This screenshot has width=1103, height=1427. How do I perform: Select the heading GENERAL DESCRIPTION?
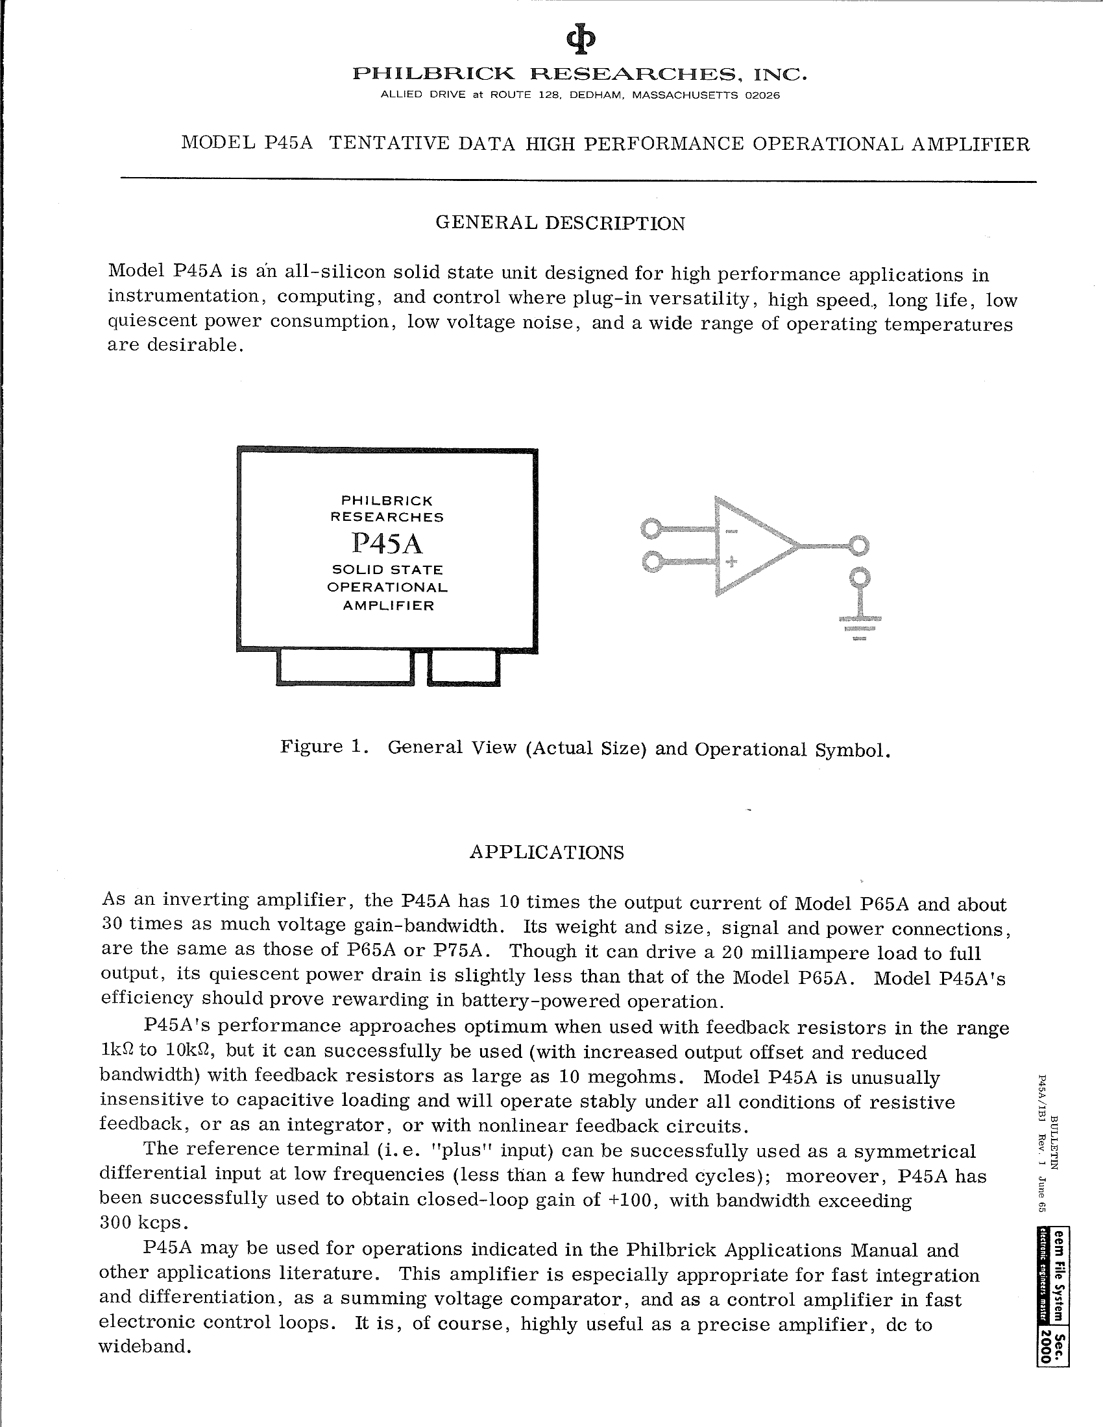click(x=560, y=224)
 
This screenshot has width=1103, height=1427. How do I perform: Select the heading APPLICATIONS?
click(x=546, y=854)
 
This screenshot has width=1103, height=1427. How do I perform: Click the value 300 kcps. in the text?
click(x=139, y=1223)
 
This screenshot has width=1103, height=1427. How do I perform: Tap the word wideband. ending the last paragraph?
click(x=145, y=1347)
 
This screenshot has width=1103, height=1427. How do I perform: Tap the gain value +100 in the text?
click(x=632, y=1199)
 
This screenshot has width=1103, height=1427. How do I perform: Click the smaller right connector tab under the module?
click(x=463, y=668)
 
